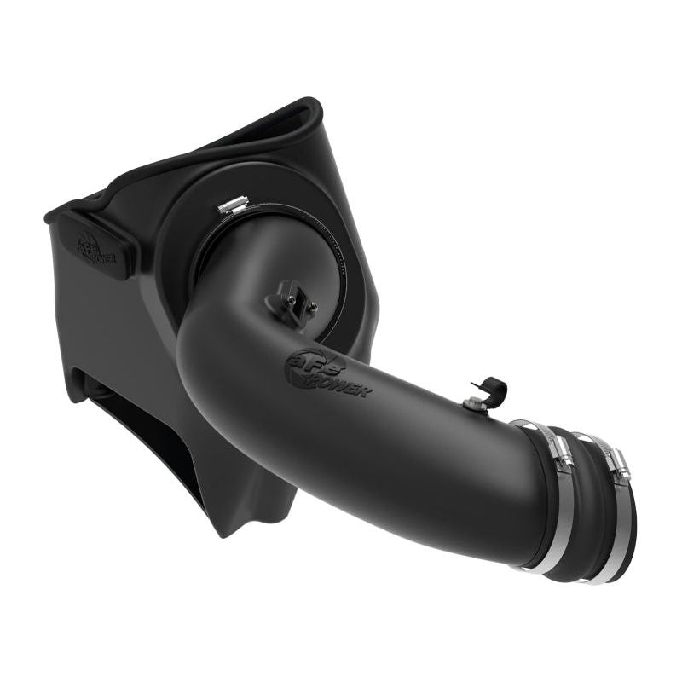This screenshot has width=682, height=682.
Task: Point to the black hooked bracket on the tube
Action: click(x=492, y=392)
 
